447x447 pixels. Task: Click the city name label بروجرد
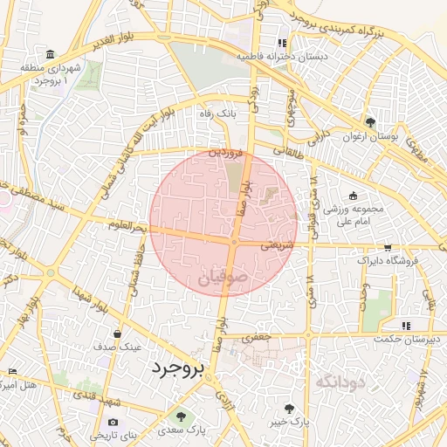pos(176,368)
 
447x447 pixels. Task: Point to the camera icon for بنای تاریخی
pos(112,423)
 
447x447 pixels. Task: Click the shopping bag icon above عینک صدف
pos(117,333)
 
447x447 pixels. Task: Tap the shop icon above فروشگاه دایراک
pos(388,248)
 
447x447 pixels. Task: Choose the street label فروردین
pos(226,151)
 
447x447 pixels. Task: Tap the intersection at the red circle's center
pos(234,242)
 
